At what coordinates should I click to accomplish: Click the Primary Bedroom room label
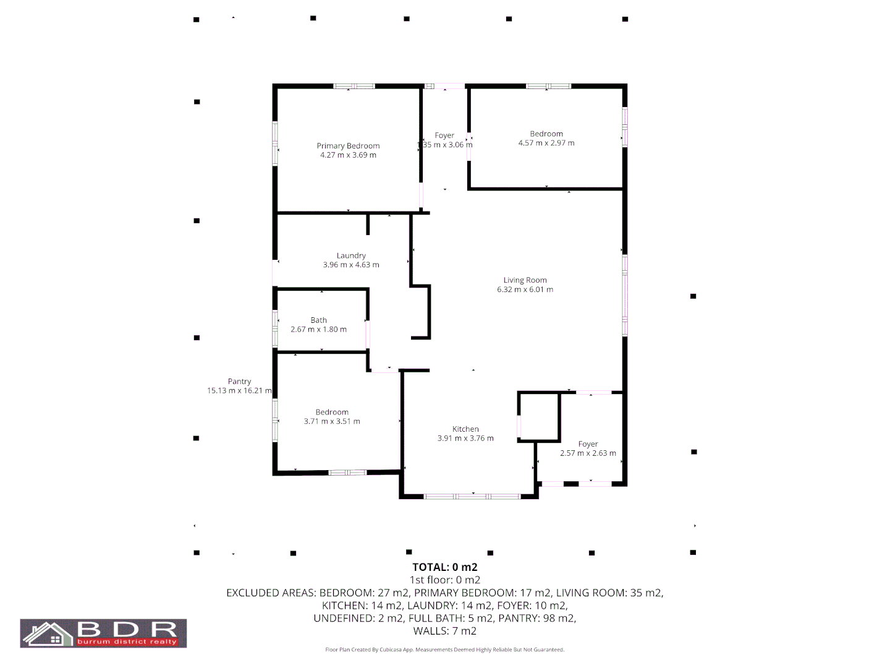pyautogui.click(x=348, y=146)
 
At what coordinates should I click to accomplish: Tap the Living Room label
pyautogui.click(x=525, y=280)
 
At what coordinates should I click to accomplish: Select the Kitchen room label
pyautogui.click(x=465, y=429)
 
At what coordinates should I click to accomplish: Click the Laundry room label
pyautogui.click(x=351, y=255)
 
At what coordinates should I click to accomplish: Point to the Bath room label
pyautogui.click(x=319, y=320)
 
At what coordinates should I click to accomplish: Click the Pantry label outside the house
pyautogui.click(x=239, y=382)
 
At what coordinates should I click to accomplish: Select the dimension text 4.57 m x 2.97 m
pyautogui.click(x=546, y=143)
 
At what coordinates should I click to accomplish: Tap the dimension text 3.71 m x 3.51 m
pyautogui.click(x=332, y=421)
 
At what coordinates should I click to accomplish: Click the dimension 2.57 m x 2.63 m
pyautogui.click(x=588, y=453)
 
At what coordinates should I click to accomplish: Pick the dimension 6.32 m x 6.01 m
pyautogui.click(x=525, y=289)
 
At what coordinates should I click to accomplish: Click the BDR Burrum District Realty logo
pyautogui.click(x=103, y=633)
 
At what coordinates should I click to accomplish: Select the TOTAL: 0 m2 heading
pyautogui.click(x=445, y=567)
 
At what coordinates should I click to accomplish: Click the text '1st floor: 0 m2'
pyautogui.click(x=445, y=580)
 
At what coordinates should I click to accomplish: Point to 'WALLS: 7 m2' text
pyautogui.click(x=445, y=631)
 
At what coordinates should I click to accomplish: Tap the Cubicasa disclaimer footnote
pyautogui.click(x=445, y=650)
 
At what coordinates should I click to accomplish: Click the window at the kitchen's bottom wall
pyautogui.click(x=473, y=496)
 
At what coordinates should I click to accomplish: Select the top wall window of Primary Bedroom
pyautogui.click(x=354, y=86)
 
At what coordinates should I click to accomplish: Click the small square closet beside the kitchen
pyautogui.click(x=539, y=417)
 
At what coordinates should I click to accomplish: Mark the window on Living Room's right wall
pyautogui.click(x=625, y=295)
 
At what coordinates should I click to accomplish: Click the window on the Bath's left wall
pyautogui.click(x=275, y=328)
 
